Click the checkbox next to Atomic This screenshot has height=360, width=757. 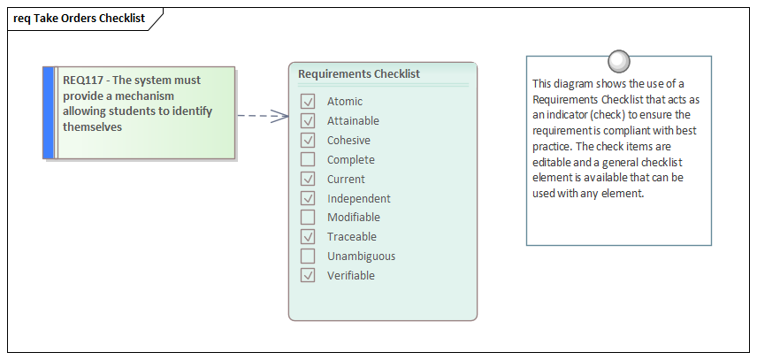(308, 102)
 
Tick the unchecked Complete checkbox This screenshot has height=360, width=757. (308, 160)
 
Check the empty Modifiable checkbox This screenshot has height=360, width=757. (308, 218)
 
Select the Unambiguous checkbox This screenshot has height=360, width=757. (308, 257)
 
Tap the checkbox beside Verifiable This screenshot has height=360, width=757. (308, 276)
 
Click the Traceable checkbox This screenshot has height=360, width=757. (308, 237)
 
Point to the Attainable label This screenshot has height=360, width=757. (353, 121)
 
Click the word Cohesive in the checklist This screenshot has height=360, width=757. (348, 141)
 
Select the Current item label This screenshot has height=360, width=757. (346, 180)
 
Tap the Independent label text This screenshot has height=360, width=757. (358, 199)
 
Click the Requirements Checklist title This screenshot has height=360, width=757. (358, 74)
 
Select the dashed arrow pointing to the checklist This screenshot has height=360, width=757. (263, 115)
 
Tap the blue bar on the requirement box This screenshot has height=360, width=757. (48, 112)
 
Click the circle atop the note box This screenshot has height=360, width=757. (619, 61)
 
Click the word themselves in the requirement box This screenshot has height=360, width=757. (92, 127)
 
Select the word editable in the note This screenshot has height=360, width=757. (552, 163)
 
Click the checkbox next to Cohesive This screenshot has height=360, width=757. (308, 141)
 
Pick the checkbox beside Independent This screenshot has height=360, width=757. (308, 199)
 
